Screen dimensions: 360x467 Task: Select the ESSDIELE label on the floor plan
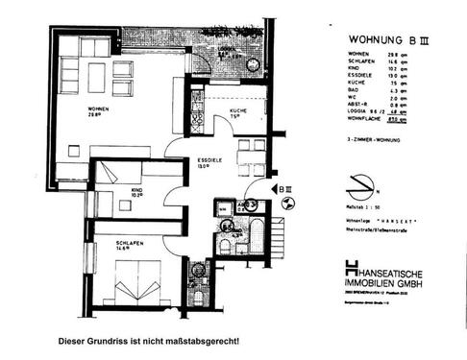pos(210,160)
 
